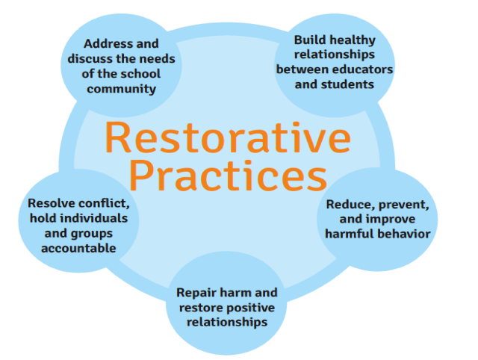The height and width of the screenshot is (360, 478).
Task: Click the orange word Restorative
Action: [x=228, y=137]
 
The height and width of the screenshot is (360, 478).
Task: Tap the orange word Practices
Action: [x=229, y=176]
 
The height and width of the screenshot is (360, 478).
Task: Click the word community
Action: [x=121, y=89]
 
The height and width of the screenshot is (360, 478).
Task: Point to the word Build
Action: [x=311, y=40]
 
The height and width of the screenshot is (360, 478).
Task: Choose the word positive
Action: [x=249, y=308]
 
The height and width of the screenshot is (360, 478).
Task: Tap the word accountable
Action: [x=78, y=249]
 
